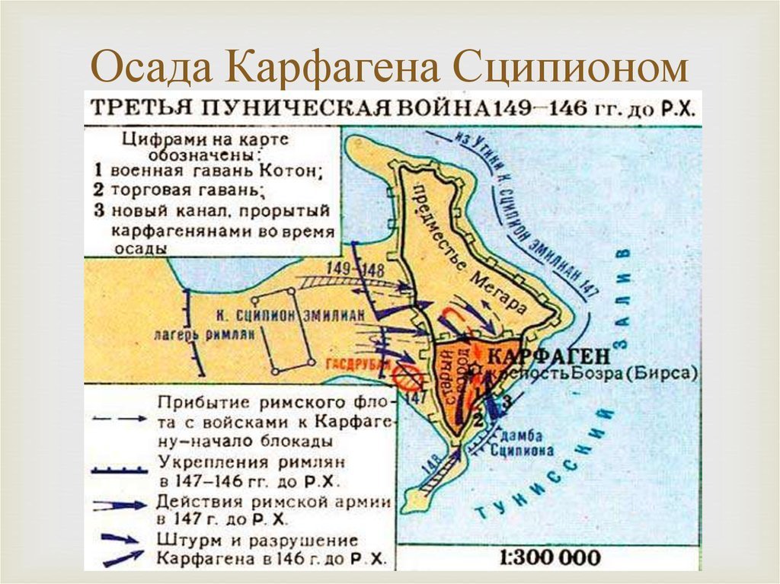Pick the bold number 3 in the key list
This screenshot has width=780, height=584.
point(99,211)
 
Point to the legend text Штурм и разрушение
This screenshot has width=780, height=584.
point(259,540)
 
